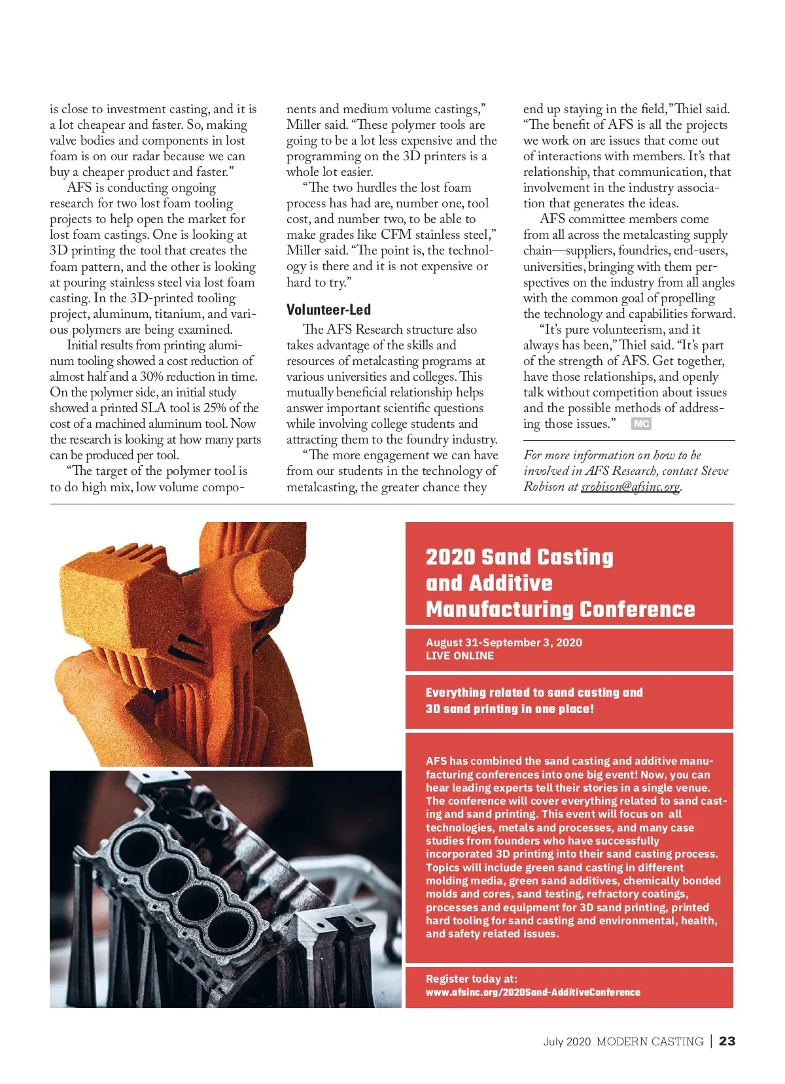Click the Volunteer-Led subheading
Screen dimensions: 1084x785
point(328,310)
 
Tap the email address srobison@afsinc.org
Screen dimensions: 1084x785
point(630,487)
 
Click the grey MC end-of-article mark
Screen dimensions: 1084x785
point(641,424)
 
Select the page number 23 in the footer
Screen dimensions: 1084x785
point(727,1041)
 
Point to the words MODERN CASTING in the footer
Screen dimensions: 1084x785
point(650,1041)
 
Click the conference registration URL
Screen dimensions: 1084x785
point(532,992)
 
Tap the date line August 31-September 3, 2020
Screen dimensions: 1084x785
point(504,642)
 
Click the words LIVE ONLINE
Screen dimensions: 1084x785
point(459,656)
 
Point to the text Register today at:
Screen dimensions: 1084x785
point(471,979)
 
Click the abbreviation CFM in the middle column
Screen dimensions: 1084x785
point(396,235)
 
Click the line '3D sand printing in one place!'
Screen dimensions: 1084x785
point(510,708)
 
